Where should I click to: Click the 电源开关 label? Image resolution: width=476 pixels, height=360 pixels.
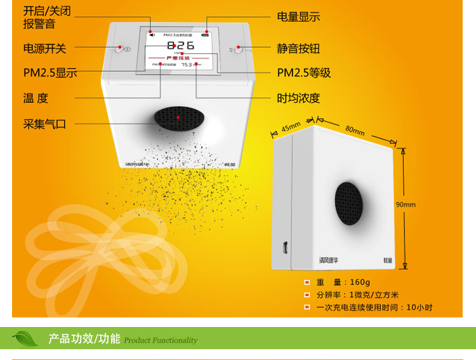point(44,48)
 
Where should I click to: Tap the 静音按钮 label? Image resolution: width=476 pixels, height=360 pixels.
point(298,48)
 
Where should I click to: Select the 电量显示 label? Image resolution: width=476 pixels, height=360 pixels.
point(298,17)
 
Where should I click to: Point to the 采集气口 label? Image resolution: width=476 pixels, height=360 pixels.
point(44,124)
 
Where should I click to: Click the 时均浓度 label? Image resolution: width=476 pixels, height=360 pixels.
point(298,98)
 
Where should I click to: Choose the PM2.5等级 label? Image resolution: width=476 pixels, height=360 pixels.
point(304,73)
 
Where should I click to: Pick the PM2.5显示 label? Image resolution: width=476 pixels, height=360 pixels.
point(50,73)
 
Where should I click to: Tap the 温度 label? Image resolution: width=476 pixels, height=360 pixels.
point(36,98)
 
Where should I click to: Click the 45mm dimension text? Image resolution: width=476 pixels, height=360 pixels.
point(291,127)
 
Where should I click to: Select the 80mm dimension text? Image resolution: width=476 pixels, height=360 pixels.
point(355,131)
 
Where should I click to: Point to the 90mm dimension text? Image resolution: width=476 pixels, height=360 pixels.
point(406,204)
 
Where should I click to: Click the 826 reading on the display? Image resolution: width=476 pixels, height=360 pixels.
point(181,46)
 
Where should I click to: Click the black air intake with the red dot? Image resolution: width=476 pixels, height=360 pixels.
point(179,118)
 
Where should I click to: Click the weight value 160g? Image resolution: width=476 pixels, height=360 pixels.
point(360,283)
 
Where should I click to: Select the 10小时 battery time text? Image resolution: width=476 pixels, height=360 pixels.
point(420,307)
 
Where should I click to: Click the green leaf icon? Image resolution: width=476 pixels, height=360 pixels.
point(25,338)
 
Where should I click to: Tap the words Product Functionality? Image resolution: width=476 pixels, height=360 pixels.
point(161,340)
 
